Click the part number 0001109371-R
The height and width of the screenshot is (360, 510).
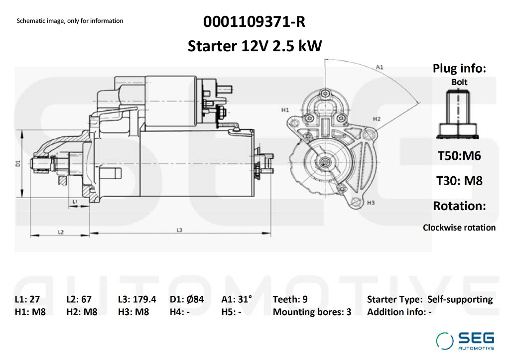254,22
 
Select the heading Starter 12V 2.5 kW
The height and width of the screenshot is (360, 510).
255,46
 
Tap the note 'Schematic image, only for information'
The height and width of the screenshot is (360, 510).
70,21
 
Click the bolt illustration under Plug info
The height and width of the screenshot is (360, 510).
459,115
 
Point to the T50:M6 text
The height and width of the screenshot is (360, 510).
459,155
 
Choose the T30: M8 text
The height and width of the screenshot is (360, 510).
459,180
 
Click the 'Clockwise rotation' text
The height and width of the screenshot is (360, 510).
459,228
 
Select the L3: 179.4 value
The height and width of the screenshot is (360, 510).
137,299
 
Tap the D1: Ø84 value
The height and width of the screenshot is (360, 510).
187,299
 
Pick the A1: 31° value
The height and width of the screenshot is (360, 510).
237,299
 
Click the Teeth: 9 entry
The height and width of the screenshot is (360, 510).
290,299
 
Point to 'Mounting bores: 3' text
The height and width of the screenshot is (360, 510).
312,312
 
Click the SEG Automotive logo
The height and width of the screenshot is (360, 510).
466,340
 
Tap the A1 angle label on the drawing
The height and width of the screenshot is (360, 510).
379,66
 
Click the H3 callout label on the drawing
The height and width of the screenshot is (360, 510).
370,203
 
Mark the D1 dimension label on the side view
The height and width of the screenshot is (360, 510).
17,163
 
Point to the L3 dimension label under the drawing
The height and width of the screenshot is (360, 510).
180,230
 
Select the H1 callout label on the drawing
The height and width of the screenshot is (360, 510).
285,109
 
